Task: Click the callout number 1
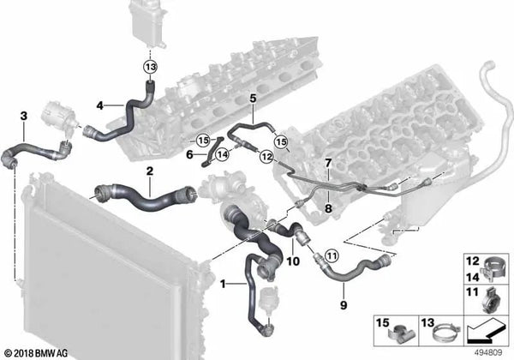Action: (x=224, y=283)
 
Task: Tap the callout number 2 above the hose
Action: (x=149, y=171)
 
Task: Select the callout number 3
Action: (x=24, y=114)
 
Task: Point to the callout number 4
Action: (x=100, y=105)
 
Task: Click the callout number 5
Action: (x=253, y=99)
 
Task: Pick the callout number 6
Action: (x=188, y=154)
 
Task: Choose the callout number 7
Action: (x=327, y=162)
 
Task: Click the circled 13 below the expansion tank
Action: (x=152, y=67)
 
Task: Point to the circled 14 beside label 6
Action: (x=221, y=155)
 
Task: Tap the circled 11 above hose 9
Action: (x=332, y=255)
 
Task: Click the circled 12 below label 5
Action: (x=266, y=157)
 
